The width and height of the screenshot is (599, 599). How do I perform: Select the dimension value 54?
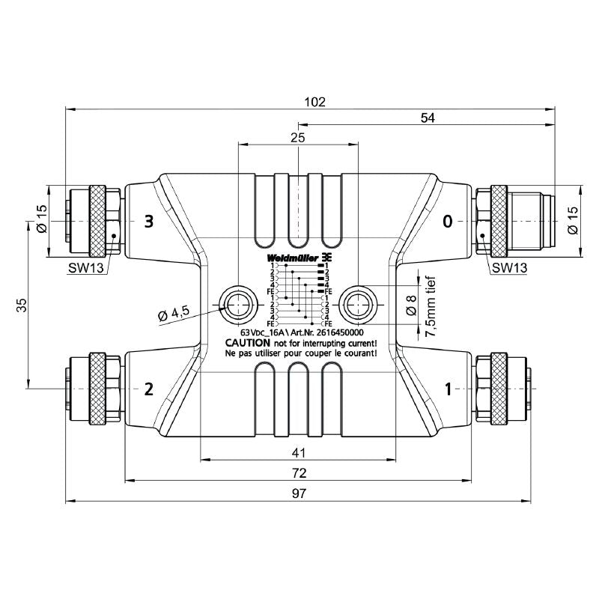pyautogui.click(x=428, y=118)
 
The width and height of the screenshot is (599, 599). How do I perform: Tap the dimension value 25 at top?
pyautogui.click(x=298, y=138)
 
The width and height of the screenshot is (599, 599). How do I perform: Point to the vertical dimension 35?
pyautogui.click(x=22, y=305)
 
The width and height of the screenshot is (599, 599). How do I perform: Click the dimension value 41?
pyautogui.click(x=298, y=451)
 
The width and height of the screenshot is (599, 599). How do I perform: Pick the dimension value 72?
pyautogui.click(x=298, y=472)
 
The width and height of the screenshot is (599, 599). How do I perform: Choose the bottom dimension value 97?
pyautogui.click(x=298, y=493)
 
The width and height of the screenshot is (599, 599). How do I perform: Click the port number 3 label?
pyautogui.click(x=149, y=221)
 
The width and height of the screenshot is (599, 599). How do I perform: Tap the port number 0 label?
pyautogui.click(x=448, y=221)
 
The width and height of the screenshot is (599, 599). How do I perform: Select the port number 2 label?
pyautogui.click(x=149, y=389)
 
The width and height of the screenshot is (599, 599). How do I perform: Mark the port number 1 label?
pyautogui.click(x=449, y=389)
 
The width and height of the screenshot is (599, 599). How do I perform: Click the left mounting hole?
pyautogui.click(x=237, y=303)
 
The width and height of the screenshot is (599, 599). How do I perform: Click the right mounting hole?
pyautogui.click(x=357, y=303)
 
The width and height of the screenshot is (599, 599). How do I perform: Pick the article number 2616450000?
pyautogui.click(x=339, y=332)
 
